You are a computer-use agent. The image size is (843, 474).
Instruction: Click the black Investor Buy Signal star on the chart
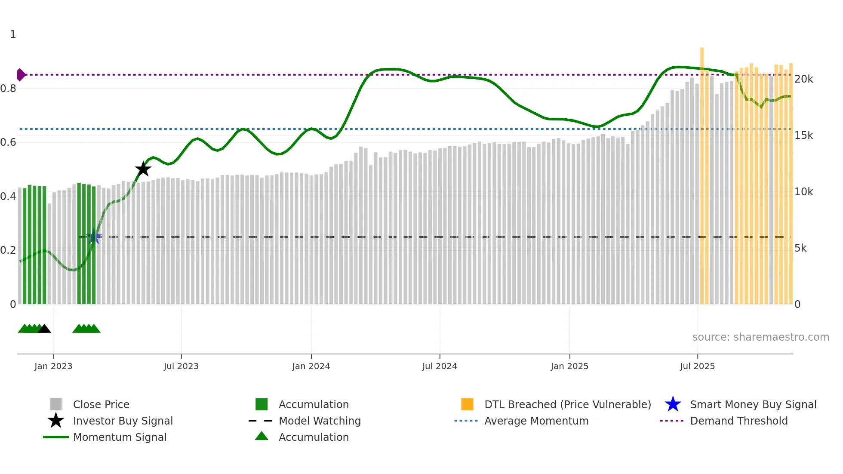pos(143,169)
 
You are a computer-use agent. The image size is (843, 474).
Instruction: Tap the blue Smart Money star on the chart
pos(94,237)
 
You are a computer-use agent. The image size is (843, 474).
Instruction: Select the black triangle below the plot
pos(44,329)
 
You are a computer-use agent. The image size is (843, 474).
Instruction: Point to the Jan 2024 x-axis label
pos(311,366)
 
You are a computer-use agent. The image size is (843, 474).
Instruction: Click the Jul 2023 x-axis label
pos(181,366)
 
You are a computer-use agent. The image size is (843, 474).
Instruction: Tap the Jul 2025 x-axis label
pos(697,366)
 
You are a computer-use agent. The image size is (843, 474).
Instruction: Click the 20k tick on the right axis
pos(803,79)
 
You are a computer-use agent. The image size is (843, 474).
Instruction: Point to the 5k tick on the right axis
pos(800,248)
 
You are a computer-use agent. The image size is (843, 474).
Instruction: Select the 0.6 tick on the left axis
pos(8,142)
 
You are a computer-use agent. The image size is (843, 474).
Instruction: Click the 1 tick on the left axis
pos(13,34)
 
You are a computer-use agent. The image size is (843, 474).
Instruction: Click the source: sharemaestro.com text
pos(760,337)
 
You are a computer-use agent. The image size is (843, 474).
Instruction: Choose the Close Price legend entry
pos(101,405)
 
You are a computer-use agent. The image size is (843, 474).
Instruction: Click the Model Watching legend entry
pos(320,421)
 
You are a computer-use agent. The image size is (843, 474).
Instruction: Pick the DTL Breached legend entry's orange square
pos(467,404)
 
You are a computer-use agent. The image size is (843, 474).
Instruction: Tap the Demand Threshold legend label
pos(738,421)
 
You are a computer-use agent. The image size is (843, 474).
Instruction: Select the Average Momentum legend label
pos(536,421)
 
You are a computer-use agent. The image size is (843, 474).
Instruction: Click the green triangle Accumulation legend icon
pos(262,437)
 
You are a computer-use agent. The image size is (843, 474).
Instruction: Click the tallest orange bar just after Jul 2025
pos(702,172)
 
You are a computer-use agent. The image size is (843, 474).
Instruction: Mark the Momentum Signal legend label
pos(120,437)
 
